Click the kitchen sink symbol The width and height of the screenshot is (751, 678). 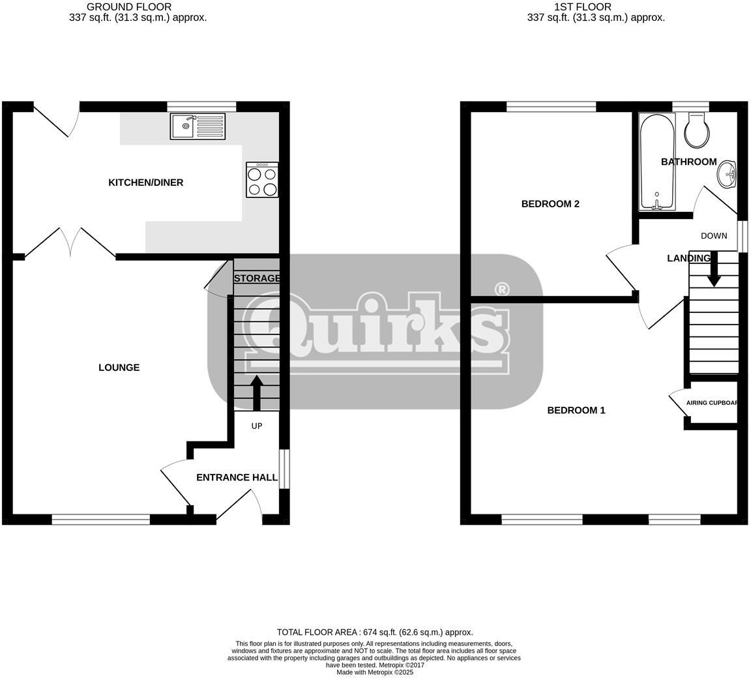tap(198, 126)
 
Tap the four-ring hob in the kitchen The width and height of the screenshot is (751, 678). tap(262, 180)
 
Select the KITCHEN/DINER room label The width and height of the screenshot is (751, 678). tap(145, 183)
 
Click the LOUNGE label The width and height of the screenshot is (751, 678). tap(119, 368)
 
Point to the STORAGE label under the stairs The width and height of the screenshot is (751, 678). tap(257, 278)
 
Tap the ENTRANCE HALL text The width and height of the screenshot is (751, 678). tap(232, 477)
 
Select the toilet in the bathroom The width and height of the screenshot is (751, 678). tap(696, 129)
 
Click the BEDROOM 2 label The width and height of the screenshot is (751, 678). tap(550, 204)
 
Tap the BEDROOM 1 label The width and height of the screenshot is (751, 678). tap(576, 410)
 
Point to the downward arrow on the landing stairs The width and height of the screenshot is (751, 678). tap(714, 270)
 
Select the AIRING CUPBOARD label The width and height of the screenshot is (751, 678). tap(712, 403)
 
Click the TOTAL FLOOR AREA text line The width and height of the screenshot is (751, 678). tap(375, 632)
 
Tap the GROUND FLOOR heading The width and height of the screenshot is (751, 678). tap(129, 7)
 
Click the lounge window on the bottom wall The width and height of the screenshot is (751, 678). tap(101, 519)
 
